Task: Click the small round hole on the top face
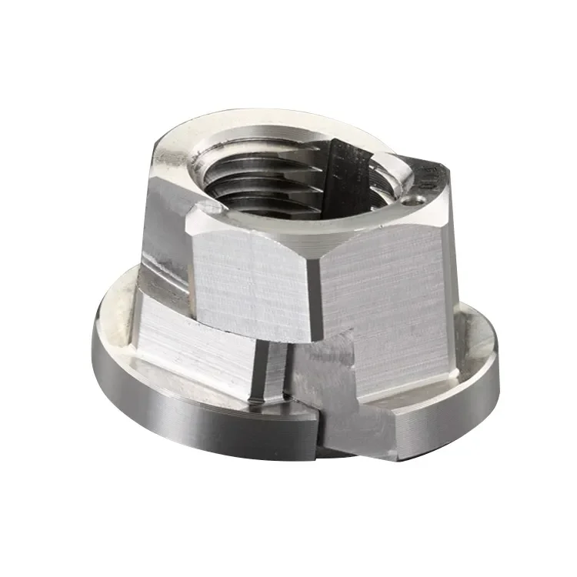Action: (418, 198)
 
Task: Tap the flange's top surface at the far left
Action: (115, 323)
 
